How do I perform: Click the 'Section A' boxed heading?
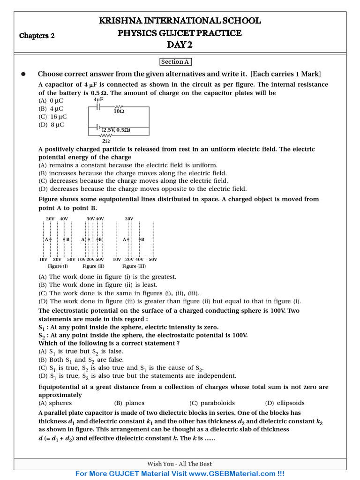coord(175,62)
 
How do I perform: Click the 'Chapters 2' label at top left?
coord(37,36)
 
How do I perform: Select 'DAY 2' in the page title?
coord(180,45)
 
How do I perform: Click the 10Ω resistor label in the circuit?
coord(119,112)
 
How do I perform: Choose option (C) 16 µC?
coord(52,117)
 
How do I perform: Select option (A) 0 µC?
coord(51,100)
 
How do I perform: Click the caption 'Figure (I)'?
coord(58,266)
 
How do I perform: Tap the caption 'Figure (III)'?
coord(134,266)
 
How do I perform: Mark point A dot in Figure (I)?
coord(51,240)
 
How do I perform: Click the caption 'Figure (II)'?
coord(93,266)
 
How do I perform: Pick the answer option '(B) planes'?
coord(129,403)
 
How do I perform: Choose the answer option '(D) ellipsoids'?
coord(285,403)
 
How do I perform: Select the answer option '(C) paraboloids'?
coord(212,403)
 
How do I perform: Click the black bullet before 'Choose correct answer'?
coord(22,74)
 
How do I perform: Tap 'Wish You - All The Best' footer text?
coord(180,464)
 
